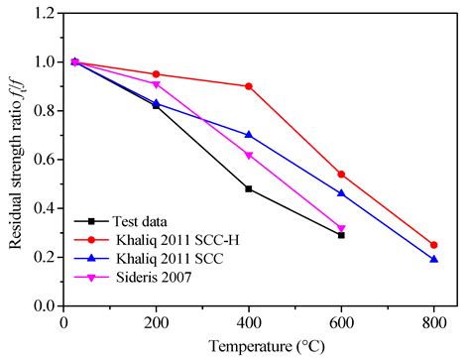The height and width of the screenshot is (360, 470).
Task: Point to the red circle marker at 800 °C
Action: coord(434,245)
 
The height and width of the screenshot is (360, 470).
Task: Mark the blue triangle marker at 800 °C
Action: coord(434,259)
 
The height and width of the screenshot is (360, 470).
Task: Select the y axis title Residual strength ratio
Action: coord(14,159)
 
